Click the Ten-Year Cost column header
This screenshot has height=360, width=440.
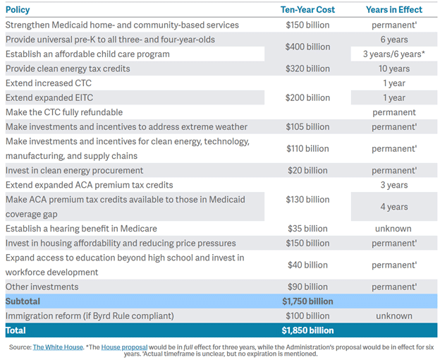pyautogui.click(x=307, y=10)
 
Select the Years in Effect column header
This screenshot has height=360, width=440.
pyautogui.click(x=393, y=10)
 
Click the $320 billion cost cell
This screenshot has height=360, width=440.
pyautogui.click(x=307, y=68)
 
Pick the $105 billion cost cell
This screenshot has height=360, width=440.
pyautogui.click(x=307, y=127)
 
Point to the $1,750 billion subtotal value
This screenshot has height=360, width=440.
pyautogui.click(x=307, y=301)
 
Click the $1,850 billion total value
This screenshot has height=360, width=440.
pyautogui.click(x=307, y=330)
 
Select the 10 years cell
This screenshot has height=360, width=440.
pyautogui.click(x=393, y=68)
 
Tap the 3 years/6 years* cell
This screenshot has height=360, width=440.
pyautogui.click(x=393, y=54)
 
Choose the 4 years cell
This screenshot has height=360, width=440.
pyautogui.click(x=393, y=207)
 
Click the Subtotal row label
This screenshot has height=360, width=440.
pyautogui.click(x=23, y=301)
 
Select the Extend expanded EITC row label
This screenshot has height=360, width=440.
pyautogui.click(x=49, y=97)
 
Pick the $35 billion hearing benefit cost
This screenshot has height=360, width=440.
pyautogui.click(x=307, y=229)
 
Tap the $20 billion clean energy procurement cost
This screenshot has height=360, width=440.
pyautogui.click(x=307, y=170)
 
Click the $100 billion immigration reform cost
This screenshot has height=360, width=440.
pyautogui.click(x=307, y=316)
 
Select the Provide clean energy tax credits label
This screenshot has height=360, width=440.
pyautogui.click(x=68, y=68)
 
